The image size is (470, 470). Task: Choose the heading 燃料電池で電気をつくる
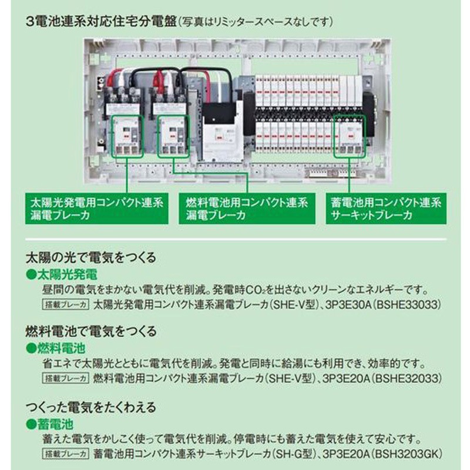91,331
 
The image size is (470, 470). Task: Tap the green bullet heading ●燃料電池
56,347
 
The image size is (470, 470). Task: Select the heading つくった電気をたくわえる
91,405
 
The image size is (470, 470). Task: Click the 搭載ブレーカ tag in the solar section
65,305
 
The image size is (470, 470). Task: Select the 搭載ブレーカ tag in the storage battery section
65,454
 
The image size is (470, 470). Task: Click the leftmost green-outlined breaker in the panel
127,135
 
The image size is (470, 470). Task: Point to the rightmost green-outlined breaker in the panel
350,135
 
